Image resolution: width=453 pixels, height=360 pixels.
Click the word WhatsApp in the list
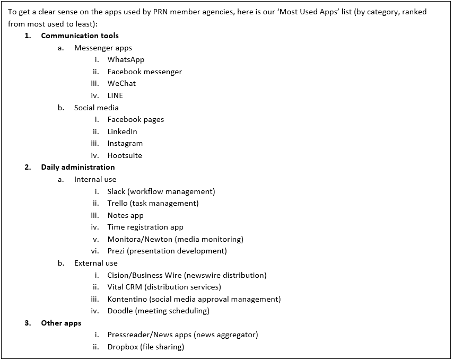(126, 60)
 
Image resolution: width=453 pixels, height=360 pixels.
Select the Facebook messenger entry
(144, 72)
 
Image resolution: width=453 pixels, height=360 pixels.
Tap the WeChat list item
(121, 84)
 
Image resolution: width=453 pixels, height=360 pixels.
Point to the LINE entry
(115, 96)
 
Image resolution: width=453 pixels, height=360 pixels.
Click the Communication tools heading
(80, 36)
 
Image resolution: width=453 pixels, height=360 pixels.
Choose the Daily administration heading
(78, 168)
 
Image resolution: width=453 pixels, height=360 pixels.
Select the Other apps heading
(61, 323)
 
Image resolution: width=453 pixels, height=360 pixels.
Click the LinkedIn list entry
(122, 131)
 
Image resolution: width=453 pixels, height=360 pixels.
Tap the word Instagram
(125, 144)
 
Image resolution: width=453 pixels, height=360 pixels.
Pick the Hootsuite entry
(125, 156)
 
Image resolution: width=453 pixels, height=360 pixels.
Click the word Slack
(116, 191)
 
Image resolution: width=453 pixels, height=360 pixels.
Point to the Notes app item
(125, 216)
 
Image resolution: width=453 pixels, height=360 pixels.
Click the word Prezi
(116, 251)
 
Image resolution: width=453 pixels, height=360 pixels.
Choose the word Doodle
(120, 311)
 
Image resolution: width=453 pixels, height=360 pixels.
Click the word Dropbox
(123, 347)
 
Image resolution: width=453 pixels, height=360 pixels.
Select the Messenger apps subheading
(103, 48)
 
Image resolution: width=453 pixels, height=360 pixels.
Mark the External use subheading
(95, 264)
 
